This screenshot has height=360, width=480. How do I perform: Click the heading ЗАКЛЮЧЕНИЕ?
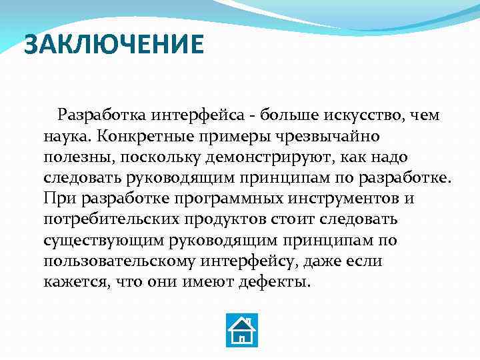pyautogui.click(x=113, y=45)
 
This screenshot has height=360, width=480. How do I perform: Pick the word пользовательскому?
pyautogui.click(x=115, y=261)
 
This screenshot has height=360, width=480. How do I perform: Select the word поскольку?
pyautogui.click(x=160, y=157)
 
